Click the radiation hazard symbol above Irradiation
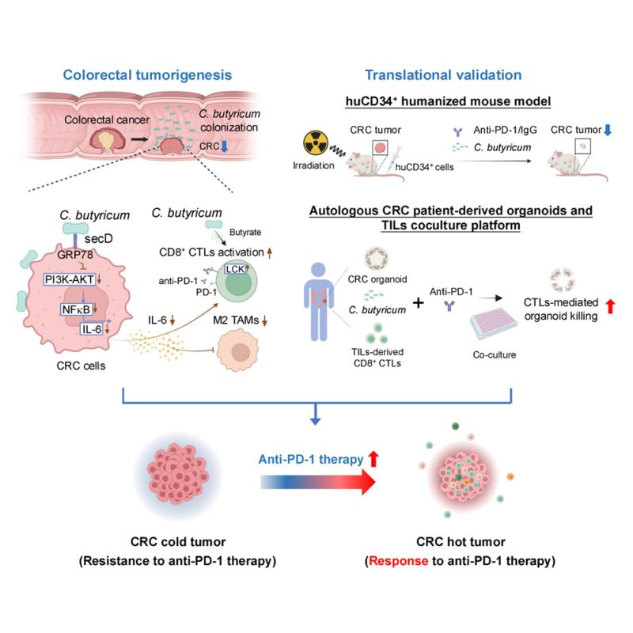click(316, 142)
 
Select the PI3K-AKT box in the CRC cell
click(70, 279)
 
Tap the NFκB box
click(76, 309)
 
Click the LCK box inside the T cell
click(235, 269)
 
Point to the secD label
click(98, 239)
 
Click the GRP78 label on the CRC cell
click(75, 254)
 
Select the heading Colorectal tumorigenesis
click(147, 74)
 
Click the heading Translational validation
click(443, 74)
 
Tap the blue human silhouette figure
click(319, 301)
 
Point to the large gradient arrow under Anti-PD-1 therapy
click(318, 482)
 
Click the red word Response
click(399, 561)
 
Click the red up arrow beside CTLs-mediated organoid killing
click(610, 306)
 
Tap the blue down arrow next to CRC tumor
click(608, 130)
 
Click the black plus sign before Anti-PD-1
click(419, 302)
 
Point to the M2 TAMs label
click(236, 320)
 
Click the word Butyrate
click(245, 232)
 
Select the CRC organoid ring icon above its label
click(377, 258)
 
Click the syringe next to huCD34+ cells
click(392, 159)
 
